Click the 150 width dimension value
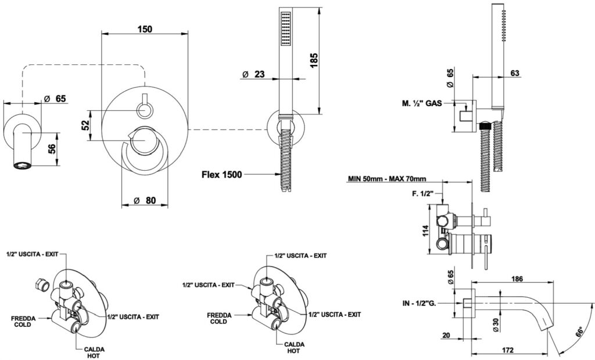click(x=145, y=30)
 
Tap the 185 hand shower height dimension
click(x=314, y=60)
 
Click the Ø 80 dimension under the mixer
click(x=145, y=200)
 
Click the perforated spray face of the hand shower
click(x=285, y=29)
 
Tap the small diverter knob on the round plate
click(x=144, y=109)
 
